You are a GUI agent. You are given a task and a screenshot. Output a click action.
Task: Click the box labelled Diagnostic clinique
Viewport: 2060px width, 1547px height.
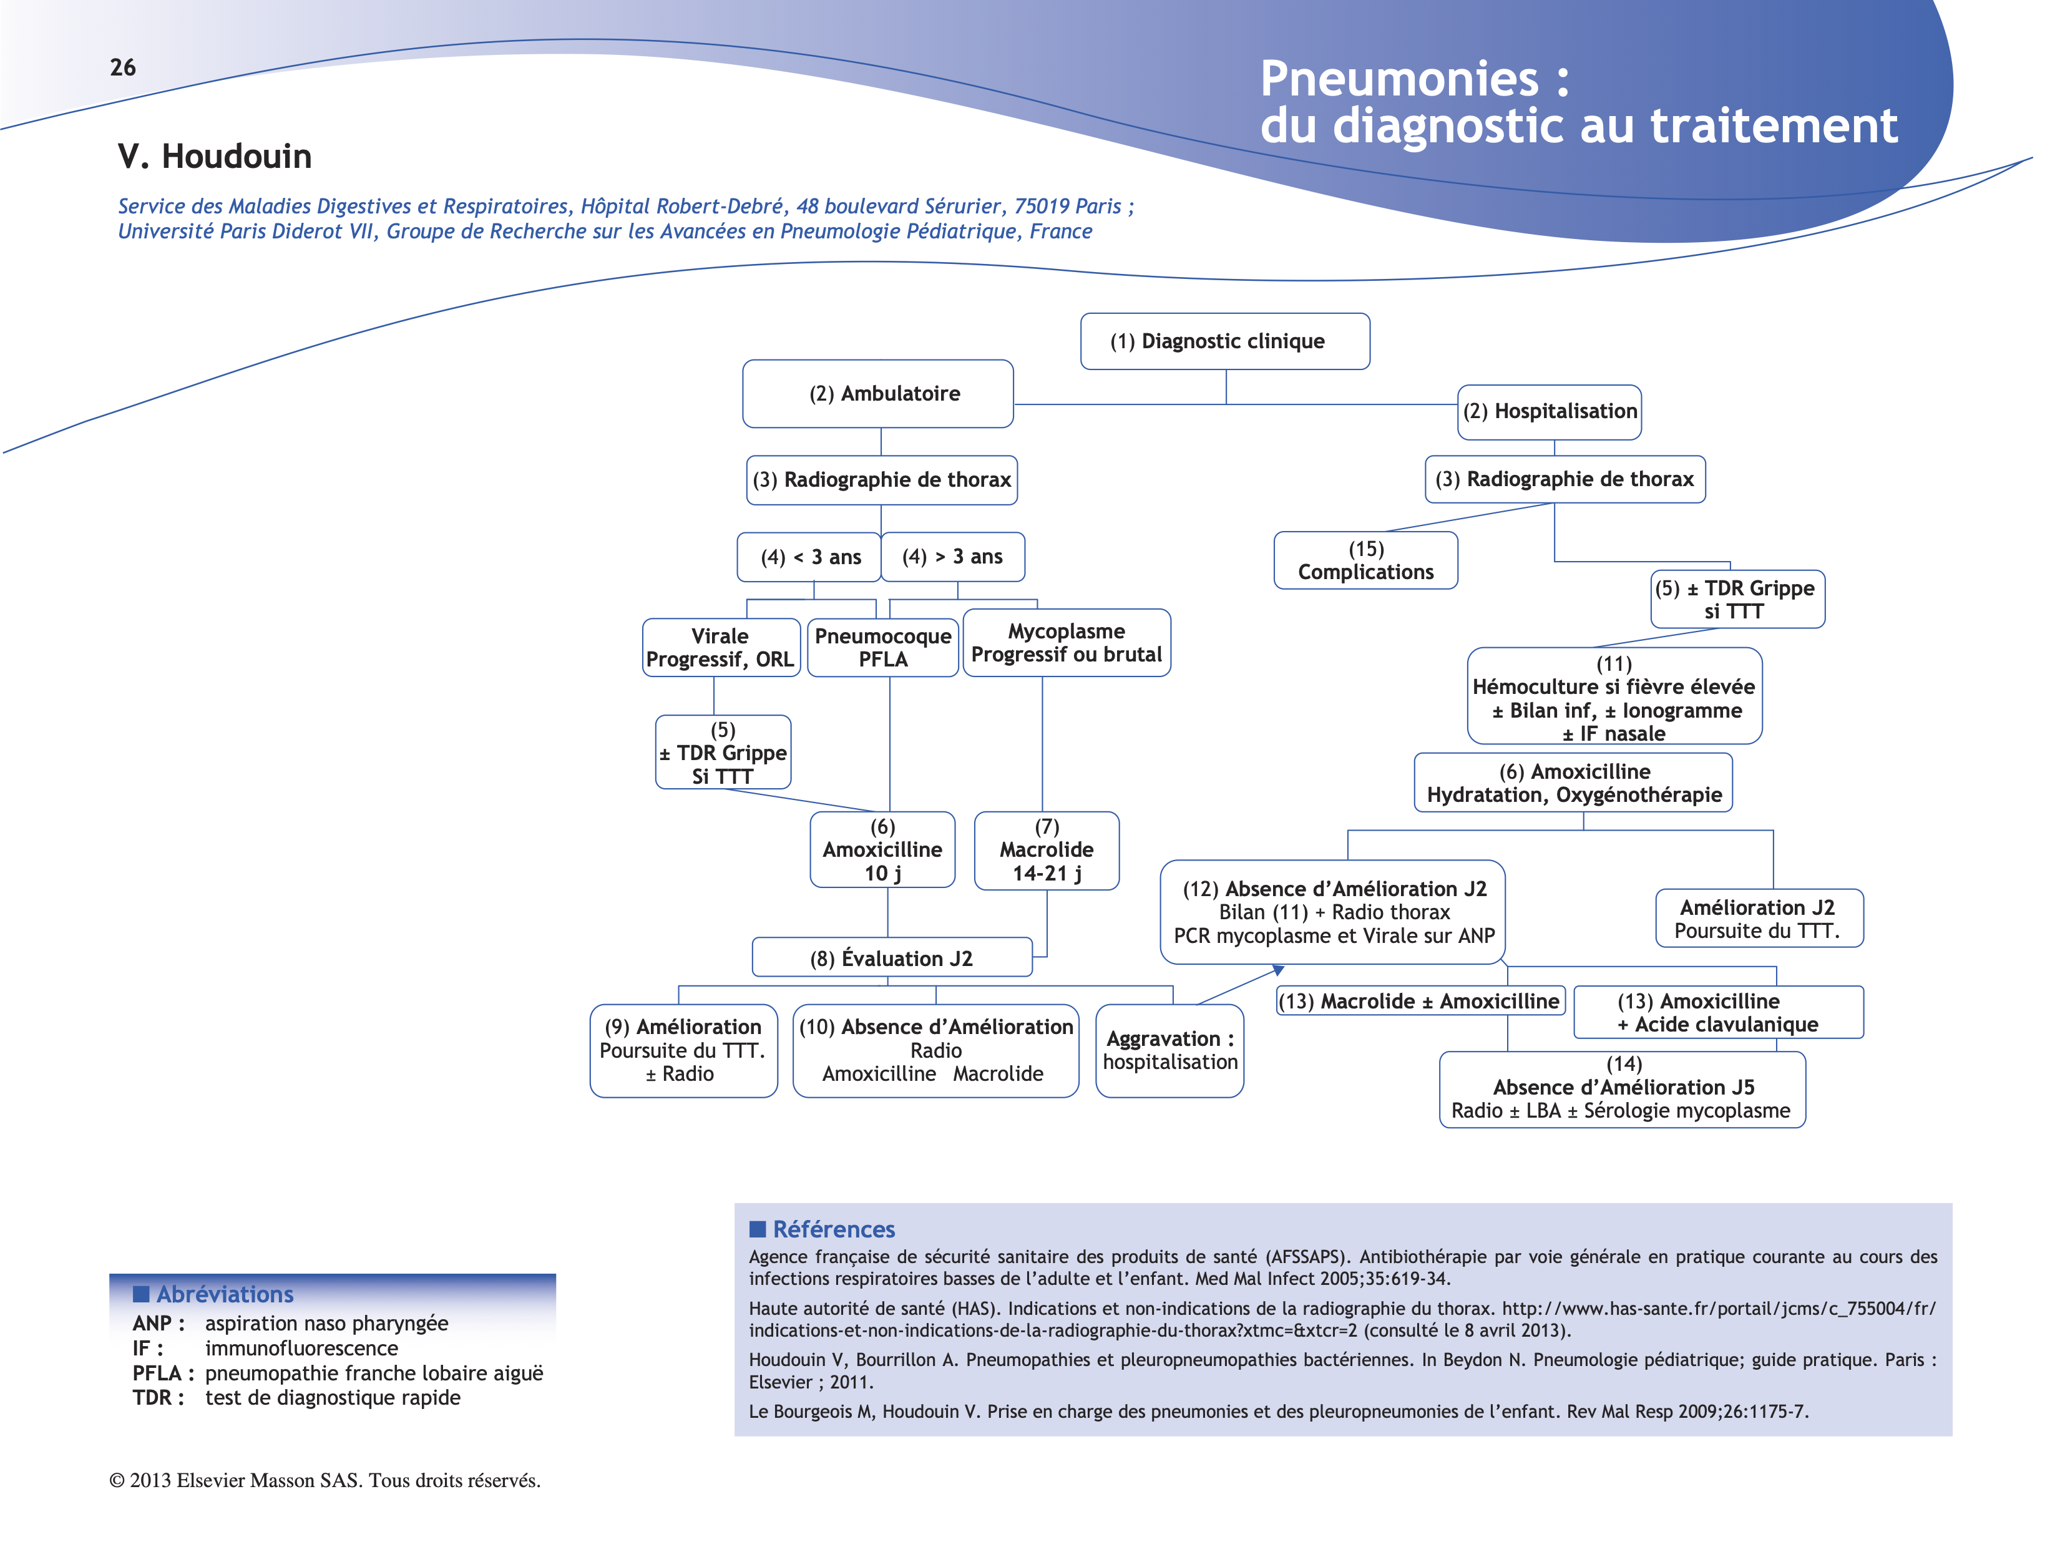[1224, 341]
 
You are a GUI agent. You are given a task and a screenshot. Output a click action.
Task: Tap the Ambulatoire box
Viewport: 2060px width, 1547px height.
[877, 393]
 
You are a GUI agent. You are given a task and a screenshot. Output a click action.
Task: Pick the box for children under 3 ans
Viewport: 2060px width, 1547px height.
[808, 557]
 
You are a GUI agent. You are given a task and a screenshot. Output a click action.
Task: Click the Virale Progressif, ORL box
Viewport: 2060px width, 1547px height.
[720, 647]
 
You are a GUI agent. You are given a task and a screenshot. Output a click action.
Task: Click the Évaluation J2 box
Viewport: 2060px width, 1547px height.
[891, 957]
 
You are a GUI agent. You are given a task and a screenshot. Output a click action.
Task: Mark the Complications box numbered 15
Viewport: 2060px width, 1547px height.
[1365, 560]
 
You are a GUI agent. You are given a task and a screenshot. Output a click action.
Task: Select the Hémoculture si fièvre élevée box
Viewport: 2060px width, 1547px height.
[1613, 698]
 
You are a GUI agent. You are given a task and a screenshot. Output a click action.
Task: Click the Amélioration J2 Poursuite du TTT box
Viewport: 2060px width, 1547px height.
[1757, 919]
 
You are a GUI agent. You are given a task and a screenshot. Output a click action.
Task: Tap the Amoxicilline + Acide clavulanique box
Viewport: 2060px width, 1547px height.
[1717, 1012]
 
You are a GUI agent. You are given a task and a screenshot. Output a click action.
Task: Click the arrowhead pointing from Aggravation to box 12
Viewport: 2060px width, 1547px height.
[1279, 970]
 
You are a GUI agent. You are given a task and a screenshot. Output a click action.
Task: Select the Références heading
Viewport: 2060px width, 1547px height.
[832, 1229]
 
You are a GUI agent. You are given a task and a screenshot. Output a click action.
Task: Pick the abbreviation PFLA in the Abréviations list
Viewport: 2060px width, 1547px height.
[157, 1373]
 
